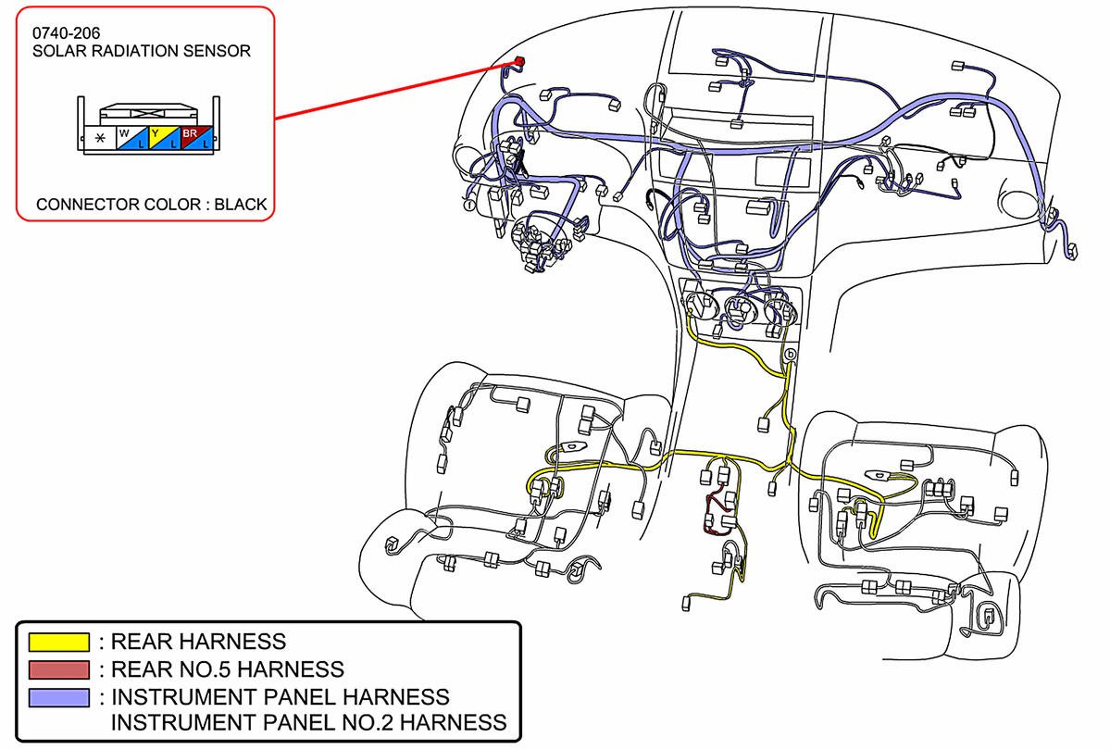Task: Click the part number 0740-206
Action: [67, 33]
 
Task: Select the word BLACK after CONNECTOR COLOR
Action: [240, 205]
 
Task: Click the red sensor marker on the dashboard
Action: [518, 61]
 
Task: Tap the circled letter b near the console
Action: [790, 355]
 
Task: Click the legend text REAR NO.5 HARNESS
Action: [227, 669]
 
